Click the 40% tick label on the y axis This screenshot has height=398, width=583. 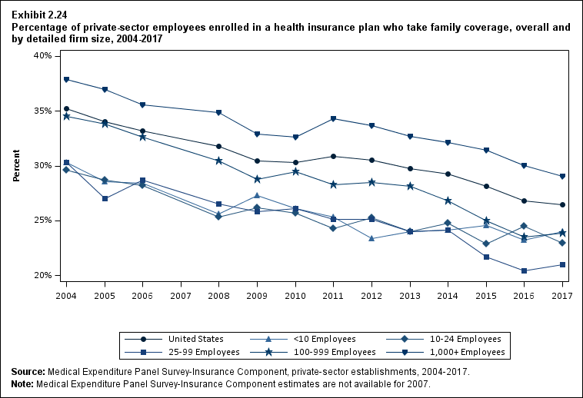[x=41, y=56]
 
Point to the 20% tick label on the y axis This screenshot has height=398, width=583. [x=41, y=275]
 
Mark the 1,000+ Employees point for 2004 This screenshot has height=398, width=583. [x=67, y=80]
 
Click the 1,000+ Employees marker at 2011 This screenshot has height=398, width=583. [x=333, y=118]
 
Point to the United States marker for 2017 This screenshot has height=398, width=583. [x=562, y=205]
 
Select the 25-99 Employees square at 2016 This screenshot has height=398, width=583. [x=524, y=270]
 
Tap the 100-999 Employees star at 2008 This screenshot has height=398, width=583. [x=219, y=161]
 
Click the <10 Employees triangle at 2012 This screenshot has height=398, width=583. [x=371, y=238]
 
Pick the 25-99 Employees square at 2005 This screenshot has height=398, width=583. [x=105, y=198]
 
